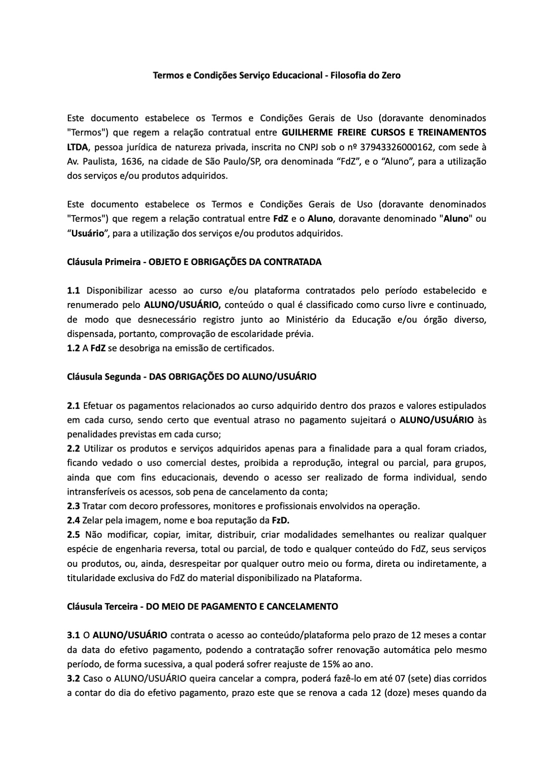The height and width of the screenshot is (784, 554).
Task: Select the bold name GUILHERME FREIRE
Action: [320, 133]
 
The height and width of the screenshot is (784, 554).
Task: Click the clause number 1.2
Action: [73, 348]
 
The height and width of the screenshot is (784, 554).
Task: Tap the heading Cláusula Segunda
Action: [104, 376]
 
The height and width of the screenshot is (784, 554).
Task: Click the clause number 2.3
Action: [73, 506]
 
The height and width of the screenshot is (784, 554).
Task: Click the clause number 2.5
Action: [73, 535]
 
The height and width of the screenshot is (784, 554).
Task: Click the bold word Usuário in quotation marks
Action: [88, 233]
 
